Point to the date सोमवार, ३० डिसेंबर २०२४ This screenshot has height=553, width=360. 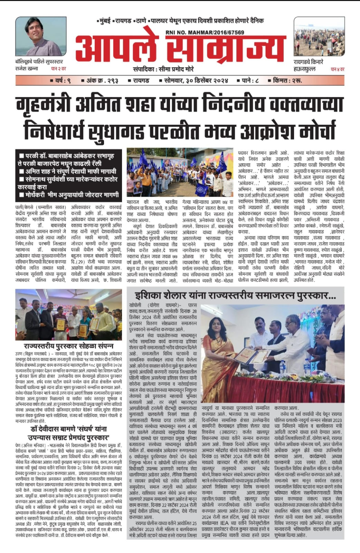pos(194,81)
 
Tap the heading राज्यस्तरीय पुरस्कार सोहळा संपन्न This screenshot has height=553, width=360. pos(68,346)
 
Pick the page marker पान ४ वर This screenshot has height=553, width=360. pos(337,69)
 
